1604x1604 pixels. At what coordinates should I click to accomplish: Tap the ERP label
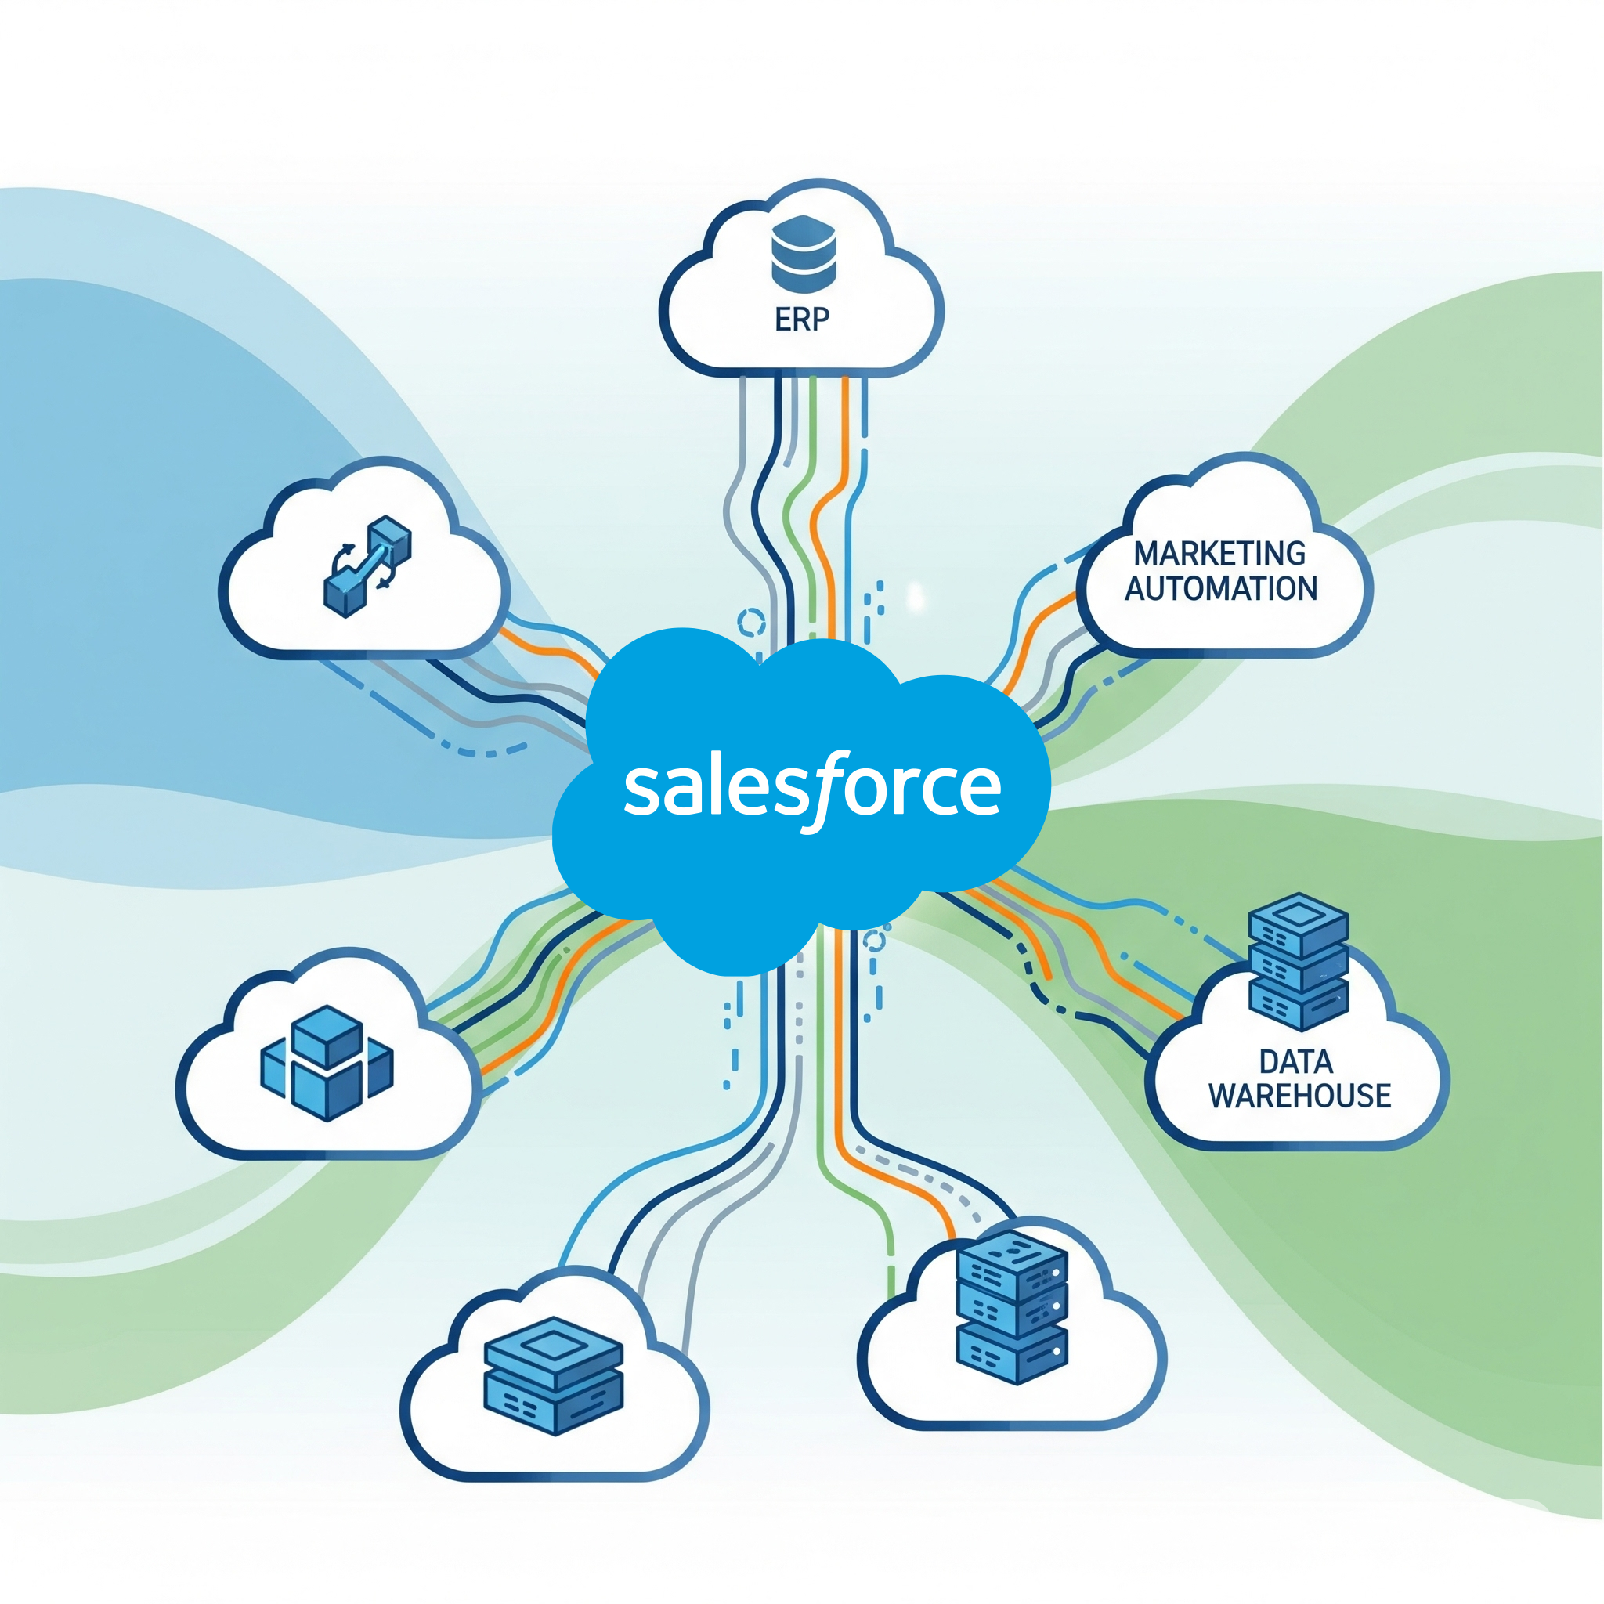click(x=801, y=320)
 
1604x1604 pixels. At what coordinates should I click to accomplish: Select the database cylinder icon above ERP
click(x=803, y=254)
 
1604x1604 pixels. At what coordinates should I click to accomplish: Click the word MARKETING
click(x=1219, y=554)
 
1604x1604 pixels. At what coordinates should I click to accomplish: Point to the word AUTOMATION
click(x=1220, y=589)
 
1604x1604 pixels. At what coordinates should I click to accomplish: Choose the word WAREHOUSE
click(x=1299, y=1096)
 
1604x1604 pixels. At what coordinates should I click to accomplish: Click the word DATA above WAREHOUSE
click(x=1296, y=1062)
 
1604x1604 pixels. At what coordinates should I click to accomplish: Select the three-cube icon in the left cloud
click(x=327, y=1063)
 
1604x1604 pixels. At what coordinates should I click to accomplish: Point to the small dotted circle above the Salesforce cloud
click(x=751, y=622)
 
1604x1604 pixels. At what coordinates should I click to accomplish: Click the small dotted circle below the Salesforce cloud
click(x=874, y=941)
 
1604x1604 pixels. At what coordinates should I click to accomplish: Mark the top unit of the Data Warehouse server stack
click(x=1299, y=923)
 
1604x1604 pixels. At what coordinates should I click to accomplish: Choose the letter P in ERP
click(x=819, y=320)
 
